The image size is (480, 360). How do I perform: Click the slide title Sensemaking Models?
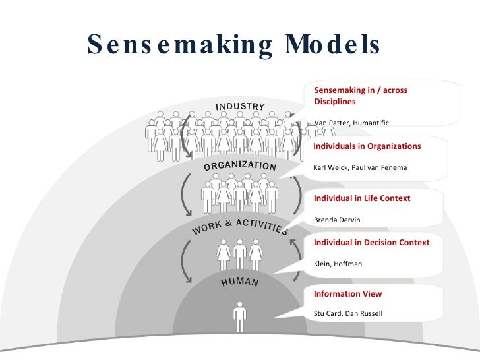pos(234,45)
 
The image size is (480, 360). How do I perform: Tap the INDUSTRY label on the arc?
pos(240,107)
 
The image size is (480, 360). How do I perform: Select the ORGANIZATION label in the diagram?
pos(239,165)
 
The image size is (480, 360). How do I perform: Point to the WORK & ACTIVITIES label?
pos(239,224)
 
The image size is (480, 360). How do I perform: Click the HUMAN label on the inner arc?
pos(239,282)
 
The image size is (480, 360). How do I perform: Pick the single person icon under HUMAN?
pos(239,316)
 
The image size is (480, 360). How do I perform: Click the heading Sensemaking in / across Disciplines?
pos(360,96)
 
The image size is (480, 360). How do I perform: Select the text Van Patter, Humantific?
pos(351,123)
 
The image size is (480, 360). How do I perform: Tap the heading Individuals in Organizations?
pos(367,146)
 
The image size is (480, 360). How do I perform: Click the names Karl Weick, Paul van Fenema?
pos(360,167)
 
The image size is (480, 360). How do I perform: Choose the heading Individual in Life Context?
pos(361,198)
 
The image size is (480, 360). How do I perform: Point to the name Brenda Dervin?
pos(337,220)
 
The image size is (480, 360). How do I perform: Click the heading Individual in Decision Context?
pos(371,242)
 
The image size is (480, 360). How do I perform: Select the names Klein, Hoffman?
pos(338,264)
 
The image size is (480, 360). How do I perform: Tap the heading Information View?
pos(347,293)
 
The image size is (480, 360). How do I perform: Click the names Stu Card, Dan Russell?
pos(347,313)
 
